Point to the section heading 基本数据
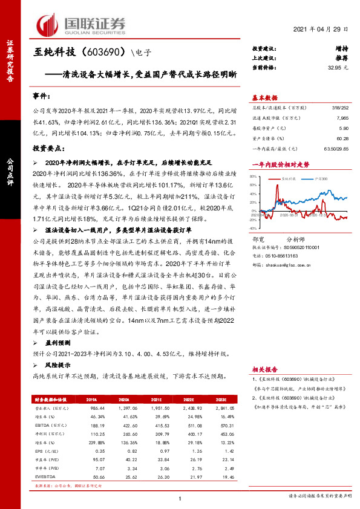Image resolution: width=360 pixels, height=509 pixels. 264,98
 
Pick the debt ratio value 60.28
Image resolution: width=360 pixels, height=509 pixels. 342,138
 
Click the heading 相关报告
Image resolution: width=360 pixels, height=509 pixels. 264,368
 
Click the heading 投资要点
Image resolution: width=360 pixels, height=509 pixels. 47,148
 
